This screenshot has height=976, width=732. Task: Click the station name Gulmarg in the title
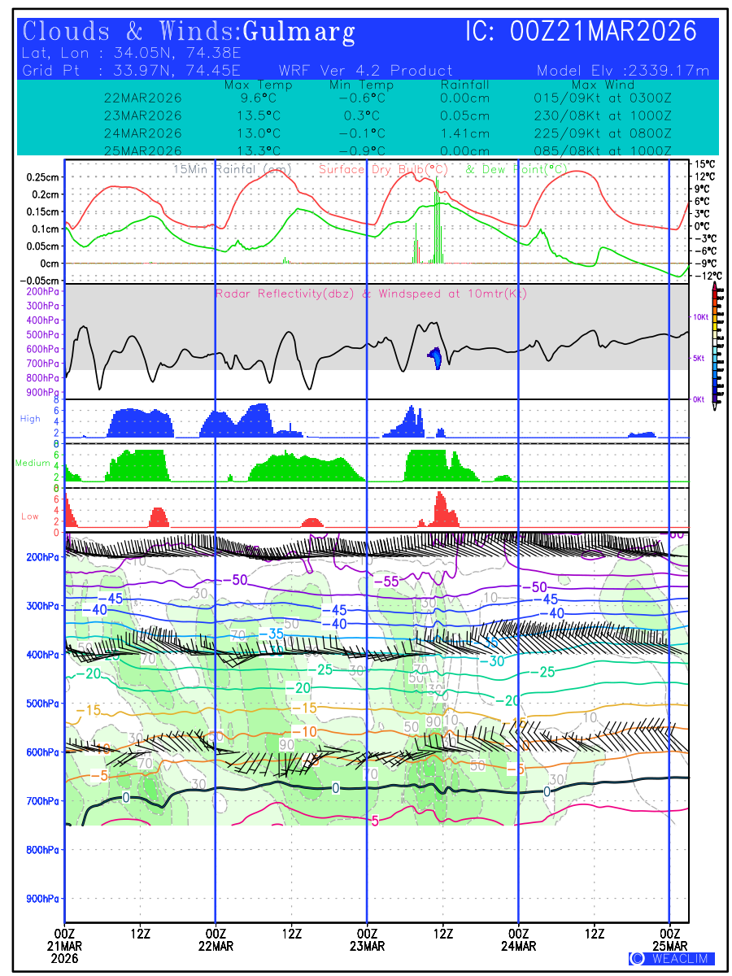tap(298, 32)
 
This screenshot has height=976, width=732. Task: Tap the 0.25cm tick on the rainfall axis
tap(43, 177)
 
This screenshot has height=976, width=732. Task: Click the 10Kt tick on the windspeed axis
tap(697, 316)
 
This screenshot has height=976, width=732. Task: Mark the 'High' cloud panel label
tap(30, 419)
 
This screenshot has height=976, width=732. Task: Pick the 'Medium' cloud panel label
tap(33, 464)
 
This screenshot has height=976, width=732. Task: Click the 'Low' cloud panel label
tap(30, 516)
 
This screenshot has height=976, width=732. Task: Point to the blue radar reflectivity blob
tap(436, 355)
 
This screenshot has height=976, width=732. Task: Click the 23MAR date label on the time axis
tap(367, 946)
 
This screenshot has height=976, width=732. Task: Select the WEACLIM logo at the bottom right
tap(671, 958)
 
